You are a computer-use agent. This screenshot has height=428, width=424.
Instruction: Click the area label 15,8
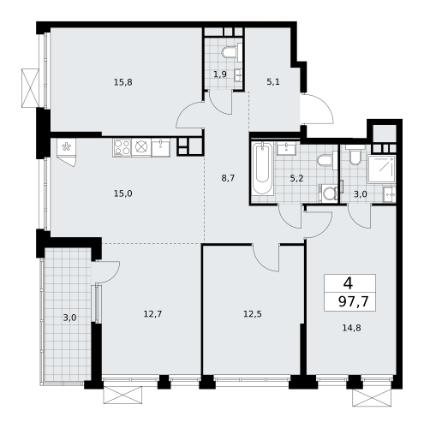pyautogui.click(x=123, y=82)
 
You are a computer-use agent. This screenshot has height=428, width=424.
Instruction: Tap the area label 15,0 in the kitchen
pyautogui.click(x=123, y=194)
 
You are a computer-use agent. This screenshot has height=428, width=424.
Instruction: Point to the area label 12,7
pyautogui.click(x=152, y=313)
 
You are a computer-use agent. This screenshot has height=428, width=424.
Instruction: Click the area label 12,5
pyautogui.click(x=252, y=313)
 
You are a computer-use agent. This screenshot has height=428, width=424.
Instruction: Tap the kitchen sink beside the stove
pyautogui.click(x=161, y=147)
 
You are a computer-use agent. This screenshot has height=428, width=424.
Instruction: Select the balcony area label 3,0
pyautogui.click(x=69, y=318)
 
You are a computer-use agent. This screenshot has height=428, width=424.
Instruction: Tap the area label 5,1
pyautogui.click(x=273, y=82)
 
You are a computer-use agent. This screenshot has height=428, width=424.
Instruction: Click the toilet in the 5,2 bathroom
pyautogui.click(x=324, y=161)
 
